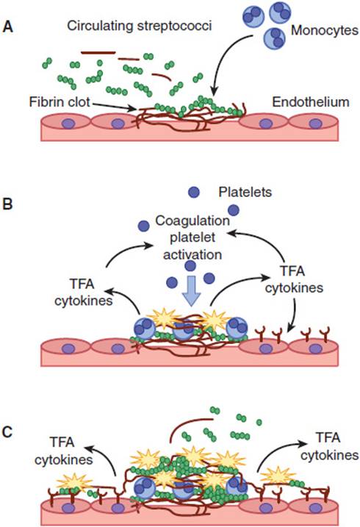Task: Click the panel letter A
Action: point(7,27)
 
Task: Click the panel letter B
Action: point(7,204)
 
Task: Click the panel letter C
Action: point(7,432)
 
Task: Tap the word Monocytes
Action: point(325,31)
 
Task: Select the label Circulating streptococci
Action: point(140,26)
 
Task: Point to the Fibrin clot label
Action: point(60,101)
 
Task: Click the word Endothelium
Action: point(310,102)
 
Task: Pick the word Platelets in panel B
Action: point(245,192)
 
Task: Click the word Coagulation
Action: point(192,221)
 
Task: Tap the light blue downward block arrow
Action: point(191,291)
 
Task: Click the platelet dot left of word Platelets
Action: point(194,193)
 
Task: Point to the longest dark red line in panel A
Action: point(98,52)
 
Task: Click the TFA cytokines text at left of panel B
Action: point(83,293)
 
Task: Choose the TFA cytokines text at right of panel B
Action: point(294,279)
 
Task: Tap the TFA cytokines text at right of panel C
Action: point(329,446)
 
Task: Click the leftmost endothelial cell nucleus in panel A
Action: point(68,123)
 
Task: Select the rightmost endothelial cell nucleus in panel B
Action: point(315,348)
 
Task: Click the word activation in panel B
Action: point(192,254)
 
